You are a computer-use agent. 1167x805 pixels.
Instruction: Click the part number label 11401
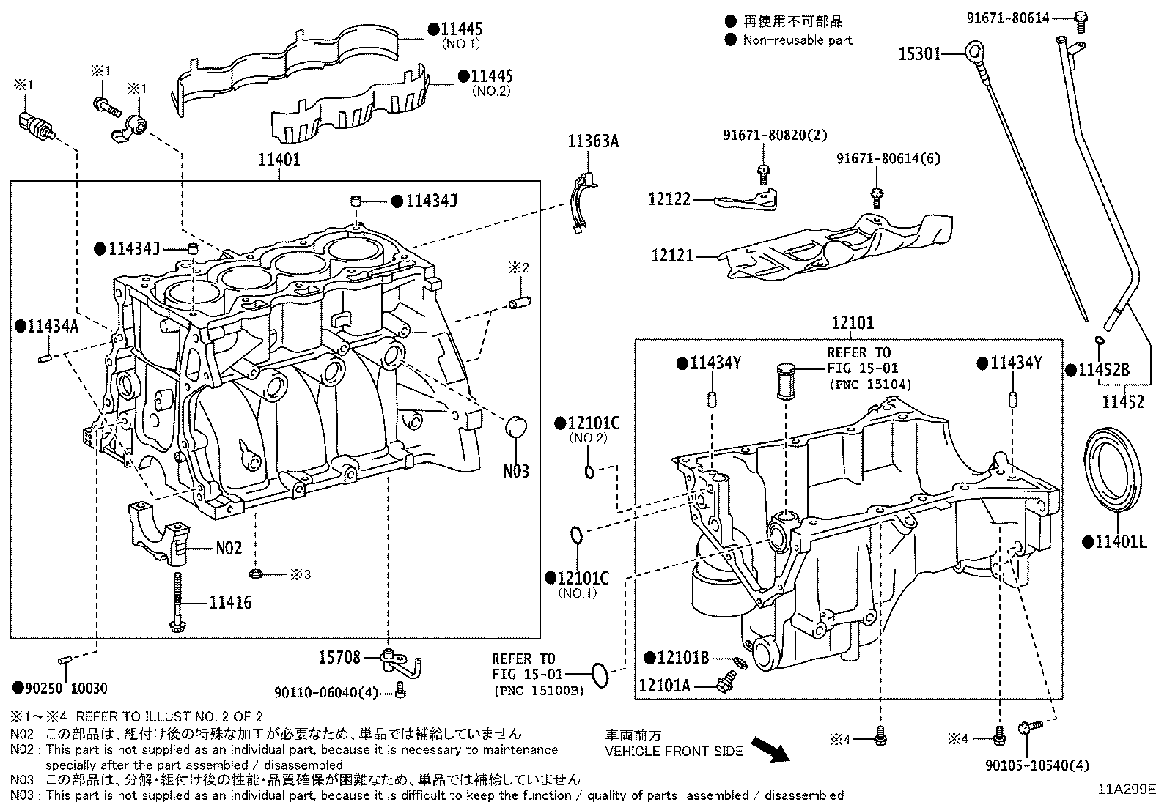click(x=279, y=159)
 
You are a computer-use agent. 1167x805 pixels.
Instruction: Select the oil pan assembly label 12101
click(x=853, y=323)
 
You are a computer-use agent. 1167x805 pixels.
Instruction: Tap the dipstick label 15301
click(x=920, y=53)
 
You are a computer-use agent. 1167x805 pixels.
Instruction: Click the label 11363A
click(x=592, y=141)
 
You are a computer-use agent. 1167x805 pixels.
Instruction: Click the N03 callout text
click(x=516, y=471)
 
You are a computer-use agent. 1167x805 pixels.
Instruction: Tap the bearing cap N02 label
click(x=228, y=548)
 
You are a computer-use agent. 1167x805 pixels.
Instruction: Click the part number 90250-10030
click(x=65, y=688)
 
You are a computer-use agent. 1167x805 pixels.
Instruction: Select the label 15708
click(x=339, y=658)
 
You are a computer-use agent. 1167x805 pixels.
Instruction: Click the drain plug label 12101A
click(x=664, y=685)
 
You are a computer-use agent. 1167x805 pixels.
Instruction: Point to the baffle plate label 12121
click(x=672, y=256)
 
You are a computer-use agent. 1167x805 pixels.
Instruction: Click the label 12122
click(x=669, y=199)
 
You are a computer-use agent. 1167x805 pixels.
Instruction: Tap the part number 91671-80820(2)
click(x=765, y=136)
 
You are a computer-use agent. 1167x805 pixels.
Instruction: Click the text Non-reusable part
click(x=798, y=40)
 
